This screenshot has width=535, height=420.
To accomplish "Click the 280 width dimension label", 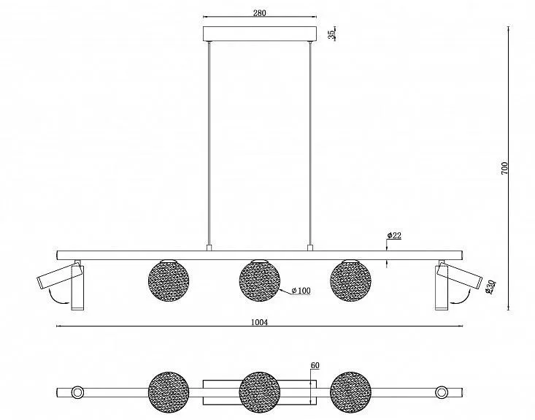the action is pos(259,13).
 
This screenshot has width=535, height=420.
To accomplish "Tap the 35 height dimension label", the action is pos(331,34).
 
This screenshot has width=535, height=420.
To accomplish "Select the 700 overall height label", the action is pos(504,168).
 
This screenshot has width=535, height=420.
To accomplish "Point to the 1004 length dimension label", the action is pos(259,322).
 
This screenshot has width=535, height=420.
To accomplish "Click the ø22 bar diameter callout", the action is pos(394,235).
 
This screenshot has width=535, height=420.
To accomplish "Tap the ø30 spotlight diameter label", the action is pos(490,286).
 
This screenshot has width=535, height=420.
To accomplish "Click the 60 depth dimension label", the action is pos(315,365).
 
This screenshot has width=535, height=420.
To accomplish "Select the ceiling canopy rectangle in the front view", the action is pos(260,34).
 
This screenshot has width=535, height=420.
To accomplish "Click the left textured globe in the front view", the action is pos(169,280).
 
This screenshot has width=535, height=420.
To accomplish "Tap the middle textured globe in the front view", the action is pos(260,280).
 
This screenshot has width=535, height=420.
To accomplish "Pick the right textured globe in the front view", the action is pos(350,280).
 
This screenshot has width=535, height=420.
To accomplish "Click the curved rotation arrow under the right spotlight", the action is pos(462,298).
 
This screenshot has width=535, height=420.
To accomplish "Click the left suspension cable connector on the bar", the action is pos(209,248).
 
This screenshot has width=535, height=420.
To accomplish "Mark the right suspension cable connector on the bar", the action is pos(310,248).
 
